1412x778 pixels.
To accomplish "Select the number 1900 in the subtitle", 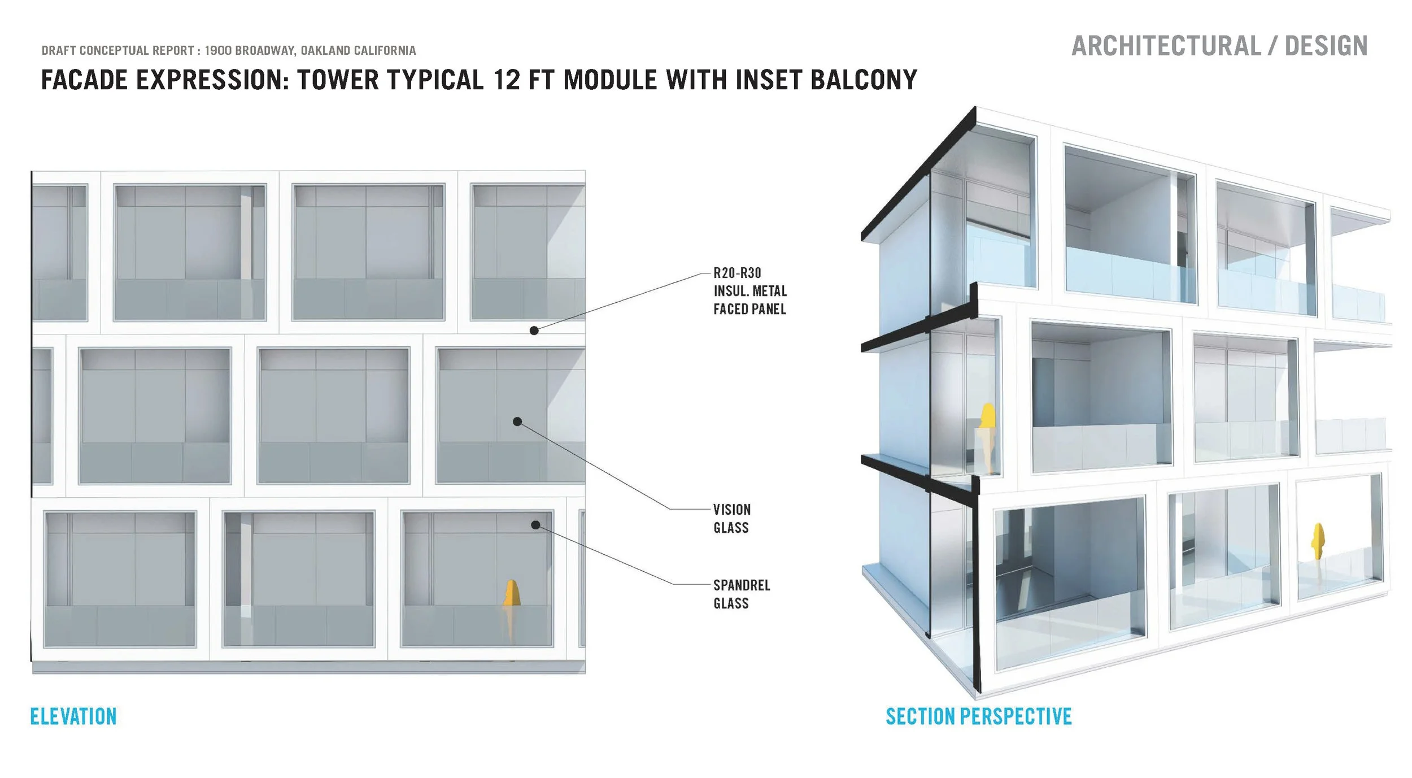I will pyautogui.click(x=218, y=51).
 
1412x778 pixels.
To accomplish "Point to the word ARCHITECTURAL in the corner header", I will pyautogui.click(x=1166, y=46).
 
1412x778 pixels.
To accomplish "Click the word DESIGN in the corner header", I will pyautogui.click(x=1326, y=46).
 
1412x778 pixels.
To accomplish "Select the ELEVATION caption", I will pyautogui.click(x=73, y=716).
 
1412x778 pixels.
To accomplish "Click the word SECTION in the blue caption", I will pyautogui.click(x=922, y=716).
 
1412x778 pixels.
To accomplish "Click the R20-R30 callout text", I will pyautogui.click(x=737, y=273).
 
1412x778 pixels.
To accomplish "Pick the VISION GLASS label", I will pyautogui.click(x=731, y=519).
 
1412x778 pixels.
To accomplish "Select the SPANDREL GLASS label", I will pyautogui.click(x=741, y=594).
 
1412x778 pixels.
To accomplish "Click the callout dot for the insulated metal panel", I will pyautogui.click(x=534, y=331).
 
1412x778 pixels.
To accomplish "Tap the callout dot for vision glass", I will pyautogui.click(x=517, y=421).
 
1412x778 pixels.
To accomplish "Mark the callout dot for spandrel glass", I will pyautogui.click(x=535, y=525).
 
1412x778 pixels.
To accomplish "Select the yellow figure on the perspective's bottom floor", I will pyautogui.click(x=1318, y=541).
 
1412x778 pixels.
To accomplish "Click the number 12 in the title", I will pyautogui.click(x=506, y=80).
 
